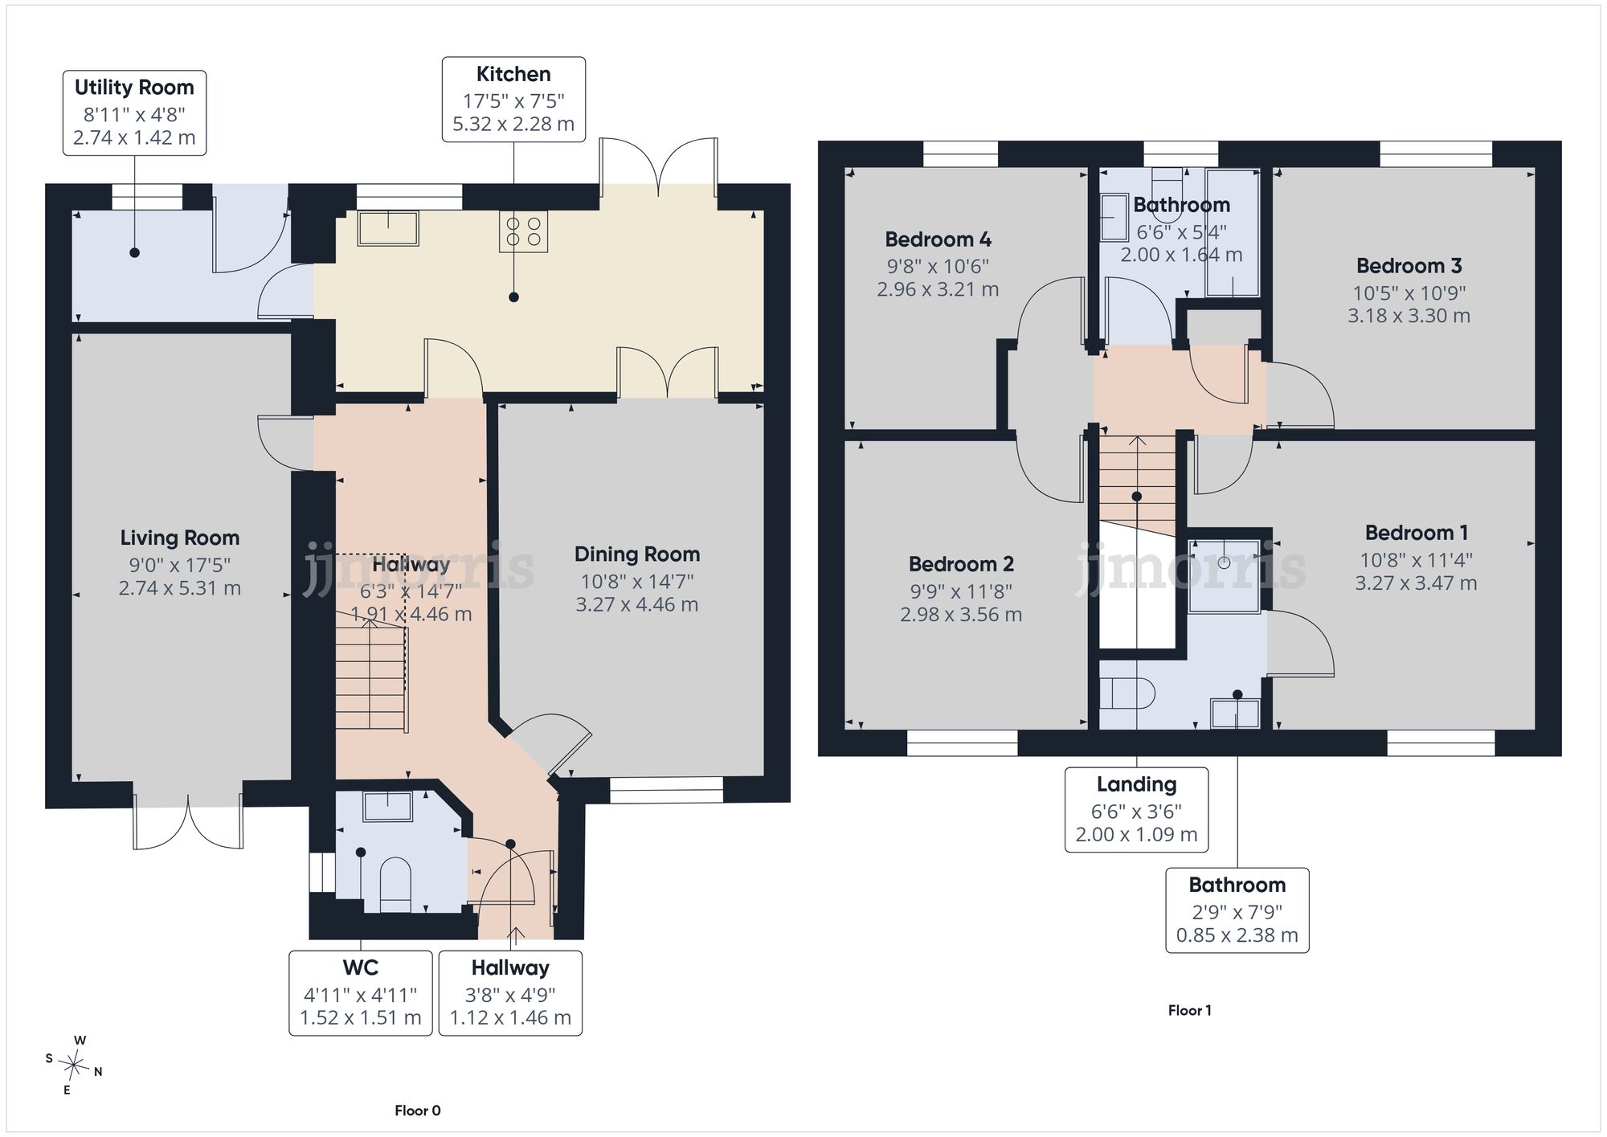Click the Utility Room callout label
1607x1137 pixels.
[x=135, y=112]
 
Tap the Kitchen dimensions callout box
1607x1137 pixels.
[x=513, y=100]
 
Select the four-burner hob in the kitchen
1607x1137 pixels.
[x=523, y=231]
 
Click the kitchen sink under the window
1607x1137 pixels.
[x=388, y=228]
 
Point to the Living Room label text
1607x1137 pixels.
[x=180, y=538]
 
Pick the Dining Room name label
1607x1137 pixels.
[x=637, y=554]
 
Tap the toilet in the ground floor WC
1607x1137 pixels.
[x=395, y=885]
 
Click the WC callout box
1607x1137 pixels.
[x=361, y=993]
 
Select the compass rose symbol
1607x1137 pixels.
[x=74, y=1065]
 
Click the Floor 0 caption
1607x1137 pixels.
[x=418, y=1110]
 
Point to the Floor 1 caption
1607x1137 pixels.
[x=1189, y=1010]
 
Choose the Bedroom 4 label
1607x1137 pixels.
[x=938, y=239]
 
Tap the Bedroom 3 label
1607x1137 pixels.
[x=1409, y=266]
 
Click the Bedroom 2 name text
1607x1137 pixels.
[x=961, y=564]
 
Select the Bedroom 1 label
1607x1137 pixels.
[x=1416, y=533]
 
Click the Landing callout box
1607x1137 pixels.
[x=1136, y=809]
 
